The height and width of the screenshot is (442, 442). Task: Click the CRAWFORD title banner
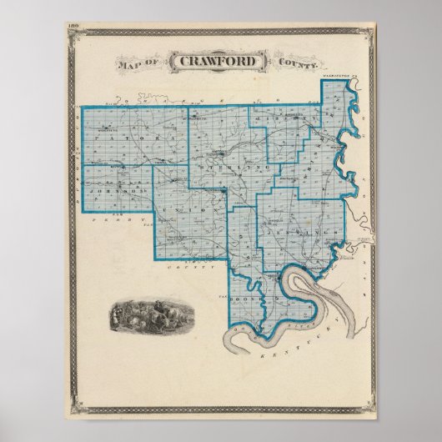[218, 62]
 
